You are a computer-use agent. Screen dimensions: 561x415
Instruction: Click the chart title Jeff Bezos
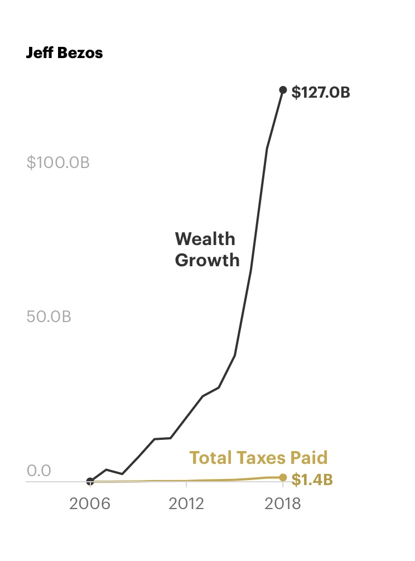pyautogui.click(x=64, y=54)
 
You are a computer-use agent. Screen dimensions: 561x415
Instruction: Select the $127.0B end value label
pyautogui.click(x=321, y=92)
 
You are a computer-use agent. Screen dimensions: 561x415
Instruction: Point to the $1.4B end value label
pyautogui.click(x=312, y=480)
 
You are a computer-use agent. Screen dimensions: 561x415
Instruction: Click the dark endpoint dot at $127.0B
pyautogui.click(x=283, y=90)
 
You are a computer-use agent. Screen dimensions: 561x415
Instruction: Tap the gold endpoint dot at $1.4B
pyautogui.click(x=283, y=477)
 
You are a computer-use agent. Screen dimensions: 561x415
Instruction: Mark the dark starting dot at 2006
pyautogui.click(x=90, y=481)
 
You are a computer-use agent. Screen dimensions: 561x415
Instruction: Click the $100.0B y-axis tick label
pyautogui.click(x=58, y=163)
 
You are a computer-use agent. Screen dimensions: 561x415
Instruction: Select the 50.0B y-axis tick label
pyautogui.click(x=49, y=316)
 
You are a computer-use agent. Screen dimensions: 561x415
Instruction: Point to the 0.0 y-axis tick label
pyautogui.click(x=38, y=471)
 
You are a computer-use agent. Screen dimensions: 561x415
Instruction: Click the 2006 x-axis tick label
pyautogui.click(x=90, y=504)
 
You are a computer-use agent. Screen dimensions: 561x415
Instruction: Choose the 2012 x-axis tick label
pyautogui.click(x=186, y=504)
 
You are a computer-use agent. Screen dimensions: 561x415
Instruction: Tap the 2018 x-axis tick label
pyautogui.click(x=283, y=504)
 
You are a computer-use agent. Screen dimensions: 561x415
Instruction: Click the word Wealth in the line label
pyautogui.click(x=205, y=239)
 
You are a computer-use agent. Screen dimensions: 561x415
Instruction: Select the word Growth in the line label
pyautogui.click(x=207, y=260)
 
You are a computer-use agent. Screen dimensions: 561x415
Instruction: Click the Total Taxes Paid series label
pyautogui.click(x=258, y=458)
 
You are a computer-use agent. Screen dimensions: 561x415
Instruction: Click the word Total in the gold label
pyautogui.click(x=209, y=458)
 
